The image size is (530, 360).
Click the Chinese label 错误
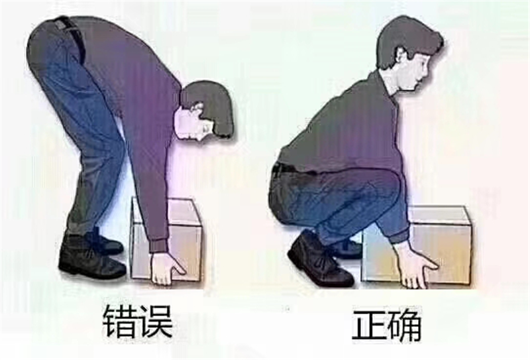(x=137, y=324)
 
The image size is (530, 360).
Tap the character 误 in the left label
(x=156, y=324)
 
